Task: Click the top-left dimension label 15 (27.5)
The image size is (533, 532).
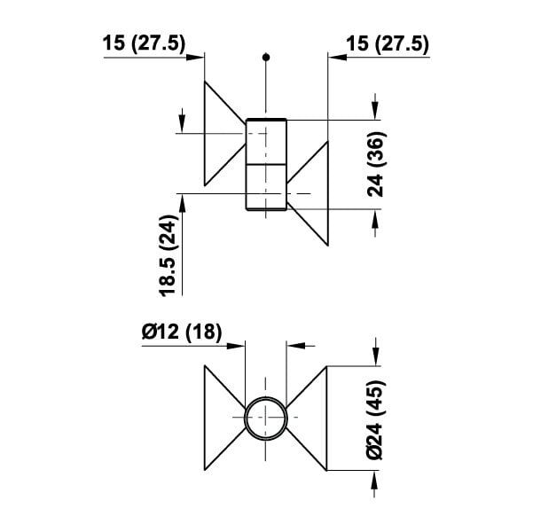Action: pyautogui.click(x=145, y=43)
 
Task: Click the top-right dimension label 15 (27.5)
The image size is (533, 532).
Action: pyautogui.click(x=388, y=44)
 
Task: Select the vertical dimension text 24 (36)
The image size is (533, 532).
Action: pyautogui.click(x=376, y=164)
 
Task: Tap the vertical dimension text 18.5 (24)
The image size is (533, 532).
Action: pyautogui.click(x=169, y=255)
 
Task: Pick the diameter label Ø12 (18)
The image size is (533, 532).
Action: pyautogui.click(x=182, y=332)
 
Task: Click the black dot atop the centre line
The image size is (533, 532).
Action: pyautogui.click(x=266, y=57)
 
